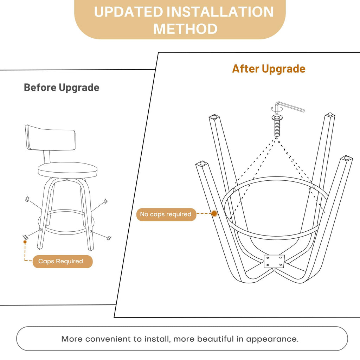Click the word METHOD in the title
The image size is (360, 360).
tap(185, 29)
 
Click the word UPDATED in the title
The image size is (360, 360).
tap(129, 12)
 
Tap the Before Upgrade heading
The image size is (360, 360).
tap(62, 88)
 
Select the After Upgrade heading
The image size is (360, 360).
tap(269, 69)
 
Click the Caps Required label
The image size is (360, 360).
tap(60, 261)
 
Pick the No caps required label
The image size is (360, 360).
tap(166, 214)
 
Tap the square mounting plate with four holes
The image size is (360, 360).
tap(274, 262)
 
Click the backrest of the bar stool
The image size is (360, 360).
tap(50, 138)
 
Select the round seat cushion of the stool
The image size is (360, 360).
tap(67, 170)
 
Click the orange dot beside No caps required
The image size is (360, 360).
tap(214, 214)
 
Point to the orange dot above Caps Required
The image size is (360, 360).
tap(25, 242)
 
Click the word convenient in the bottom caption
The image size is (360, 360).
tap(108, 339)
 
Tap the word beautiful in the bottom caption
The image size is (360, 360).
tap(215, 339)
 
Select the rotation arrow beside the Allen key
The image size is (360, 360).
tap(272, 109)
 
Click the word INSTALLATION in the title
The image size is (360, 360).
tap(220, 12)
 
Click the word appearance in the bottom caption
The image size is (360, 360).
tap(272, 339)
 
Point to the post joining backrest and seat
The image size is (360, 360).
tap(47, 157)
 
